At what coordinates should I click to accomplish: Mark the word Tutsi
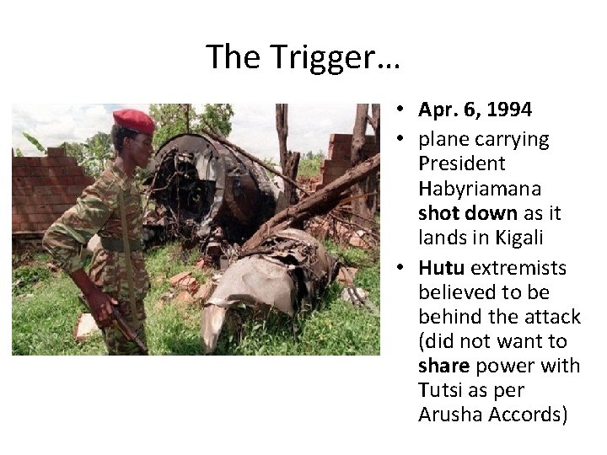[438, 389]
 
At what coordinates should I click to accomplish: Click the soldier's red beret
[134, 120]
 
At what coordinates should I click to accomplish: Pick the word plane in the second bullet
[440, 140]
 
